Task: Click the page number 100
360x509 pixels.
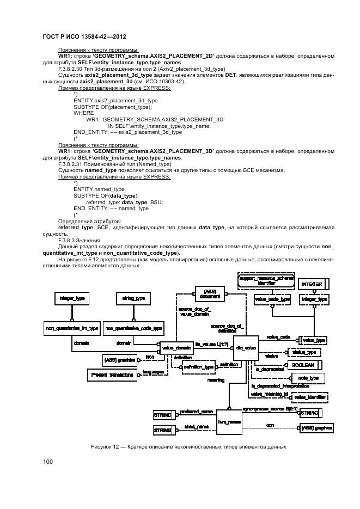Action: [x=48, y=462]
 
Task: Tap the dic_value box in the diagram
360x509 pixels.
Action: [x=245, y=347]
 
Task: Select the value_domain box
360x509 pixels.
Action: [x=174, y=347]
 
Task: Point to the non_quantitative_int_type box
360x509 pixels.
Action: [x=71, y=328]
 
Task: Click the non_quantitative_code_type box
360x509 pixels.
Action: [x=133, y=328]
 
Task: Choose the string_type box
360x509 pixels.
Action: [x=133, y=298]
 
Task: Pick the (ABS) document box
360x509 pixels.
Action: [x=210, y=294]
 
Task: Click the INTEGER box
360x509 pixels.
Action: [x=313, y=284]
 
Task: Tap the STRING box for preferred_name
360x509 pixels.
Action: [x=163, y=415]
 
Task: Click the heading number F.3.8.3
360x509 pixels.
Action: [x=68, y=240]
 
